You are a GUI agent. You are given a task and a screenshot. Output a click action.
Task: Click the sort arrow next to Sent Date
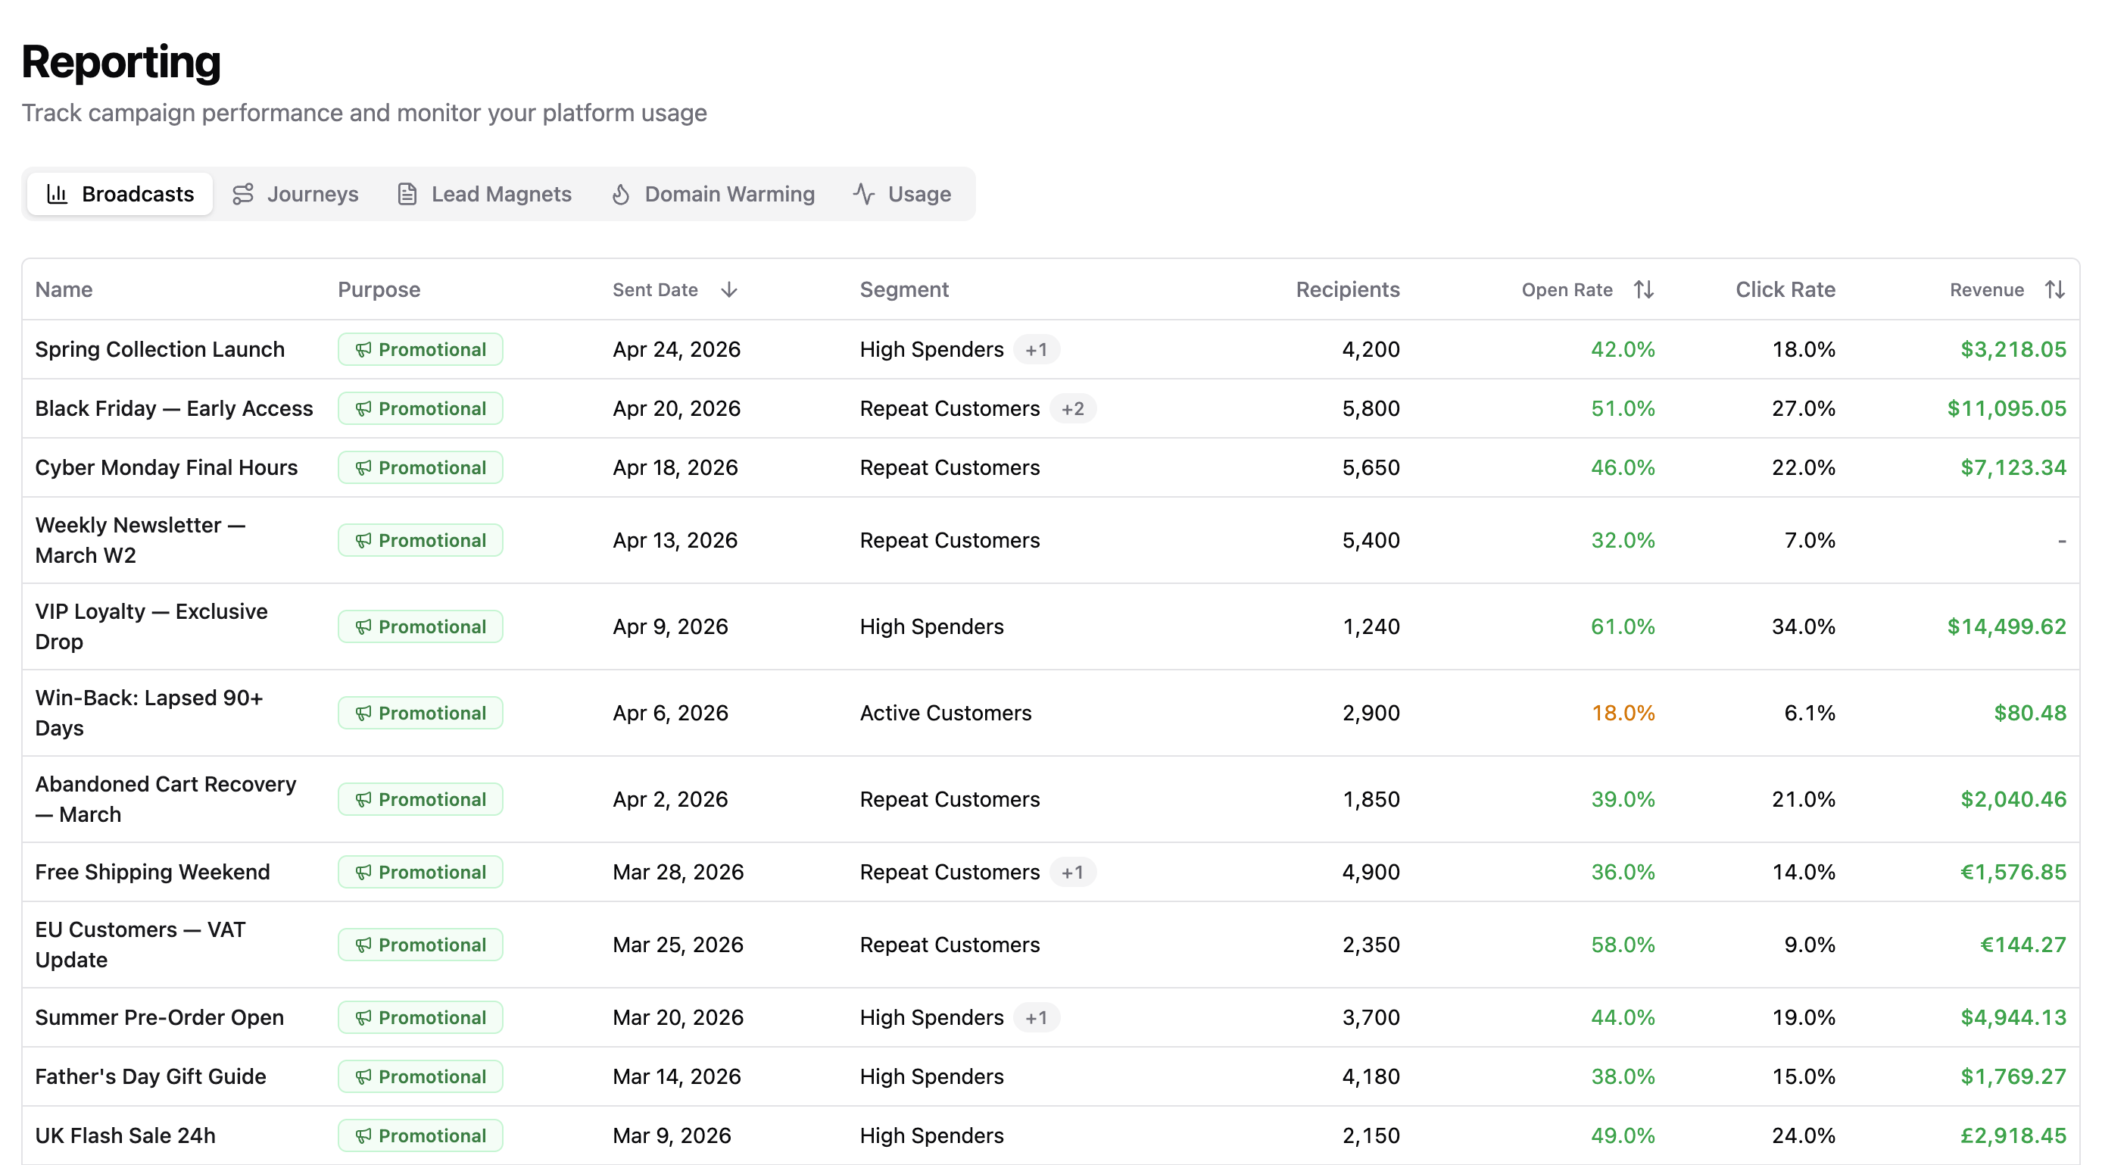[x=729, y=290]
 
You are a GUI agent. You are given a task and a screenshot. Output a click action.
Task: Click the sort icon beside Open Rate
[x=1643, y=290]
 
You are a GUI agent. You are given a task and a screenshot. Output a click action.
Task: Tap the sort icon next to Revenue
[x=2054, y=290]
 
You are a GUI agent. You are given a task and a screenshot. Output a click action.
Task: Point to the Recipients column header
[x=1347, y=290]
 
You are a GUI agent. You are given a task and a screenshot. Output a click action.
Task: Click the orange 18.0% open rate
[x=1623, y=713]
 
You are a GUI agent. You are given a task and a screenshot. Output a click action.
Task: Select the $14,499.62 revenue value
[x=2007, y=626]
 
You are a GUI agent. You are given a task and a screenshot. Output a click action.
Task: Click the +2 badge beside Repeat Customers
[x=1073, y=408]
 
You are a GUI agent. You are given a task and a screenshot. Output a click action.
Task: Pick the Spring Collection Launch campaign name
[x=160, y=349]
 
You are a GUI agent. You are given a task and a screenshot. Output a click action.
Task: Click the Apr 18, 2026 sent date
[x=675, y=468]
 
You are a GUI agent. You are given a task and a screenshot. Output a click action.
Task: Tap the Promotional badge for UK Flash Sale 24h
[x=420, y=1135]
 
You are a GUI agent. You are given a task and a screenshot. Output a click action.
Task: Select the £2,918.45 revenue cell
[x=2013, y=1135]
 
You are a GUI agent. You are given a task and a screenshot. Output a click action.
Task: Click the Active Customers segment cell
[x=946, y=713]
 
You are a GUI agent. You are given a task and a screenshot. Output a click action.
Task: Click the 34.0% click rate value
[x=1804, y=626]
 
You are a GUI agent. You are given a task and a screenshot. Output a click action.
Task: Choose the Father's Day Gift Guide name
[x=151, y=1076]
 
